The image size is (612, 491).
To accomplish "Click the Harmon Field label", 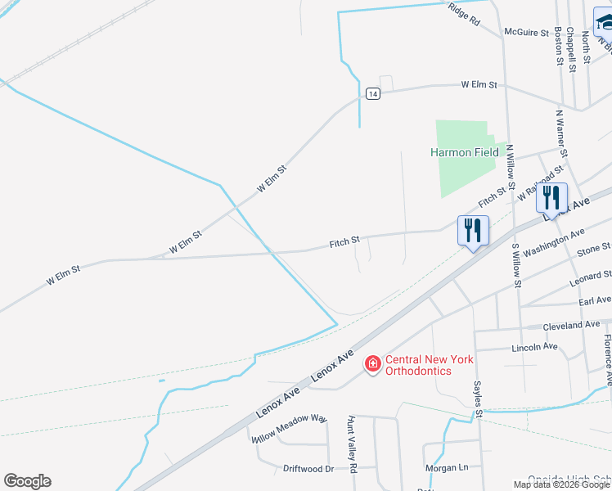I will [x=465, y=152].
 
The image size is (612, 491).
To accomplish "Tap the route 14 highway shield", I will [x=373, y=94].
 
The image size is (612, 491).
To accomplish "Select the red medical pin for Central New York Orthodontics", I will [x=373, y=363].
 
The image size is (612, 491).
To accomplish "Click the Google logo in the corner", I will [x=27, y=481].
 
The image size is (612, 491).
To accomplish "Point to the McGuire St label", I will [x=526, y=33].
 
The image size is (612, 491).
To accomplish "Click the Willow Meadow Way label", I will [x=289, y=427].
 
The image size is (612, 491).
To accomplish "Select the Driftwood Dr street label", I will [x=308, y=469].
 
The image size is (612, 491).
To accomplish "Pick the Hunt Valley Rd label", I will [x=353, y=443].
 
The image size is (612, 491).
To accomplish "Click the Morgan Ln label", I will [x=446, y=468].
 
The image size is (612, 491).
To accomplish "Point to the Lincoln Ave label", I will [x=533, y=347].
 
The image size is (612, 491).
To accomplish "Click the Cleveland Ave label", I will [x=572, y=325].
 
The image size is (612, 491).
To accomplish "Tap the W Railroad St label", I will [x=541, y=184].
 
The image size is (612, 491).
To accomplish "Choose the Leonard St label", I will [x=592, y=278].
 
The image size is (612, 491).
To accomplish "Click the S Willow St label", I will [x=516, y=264].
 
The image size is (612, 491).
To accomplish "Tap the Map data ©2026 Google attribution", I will [x=562, y=484].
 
